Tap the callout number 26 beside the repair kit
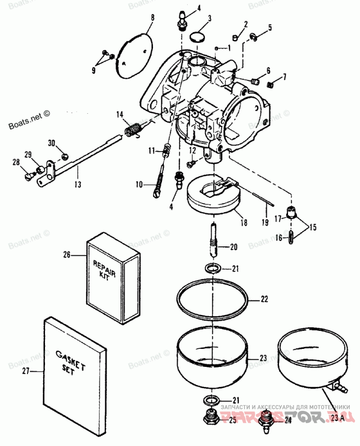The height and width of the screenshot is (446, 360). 67,254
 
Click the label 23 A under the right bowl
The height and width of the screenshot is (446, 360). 338,418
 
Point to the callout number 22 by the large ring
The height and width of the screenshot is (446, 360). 264,298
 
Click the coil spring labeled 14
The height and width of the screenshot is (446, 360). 133,130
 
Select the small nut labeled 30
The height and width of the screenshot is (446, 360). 64,156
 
